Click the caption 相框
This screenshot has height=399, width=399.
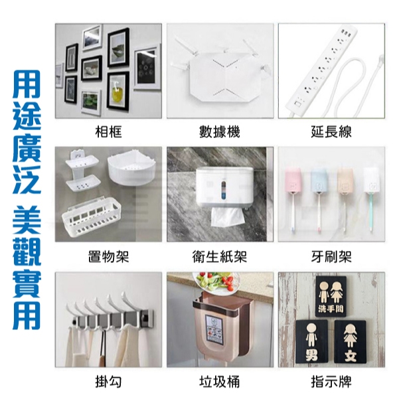pos(108,132)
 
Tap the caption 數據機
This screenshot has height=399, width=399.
pos(220,132)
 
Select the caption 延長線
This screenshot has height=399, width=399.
pos(331,132)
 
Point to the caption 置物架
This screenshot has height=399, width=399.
pos(108,256)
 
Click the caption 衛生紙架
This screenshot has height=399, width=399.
pos(220,256)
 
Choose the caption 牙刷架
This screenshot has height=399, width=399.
pos(331,256)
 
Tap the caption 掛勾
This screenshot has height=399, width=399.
pos(108,382)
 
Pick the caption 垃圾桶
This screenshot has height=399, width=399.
pos(220,382)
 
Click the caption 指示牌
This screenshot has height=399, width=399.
pos(331,382)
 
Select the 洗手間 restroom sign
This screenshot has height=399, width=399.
pos(331,296)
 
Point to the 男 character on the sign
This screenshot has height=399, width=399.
pos(312,355)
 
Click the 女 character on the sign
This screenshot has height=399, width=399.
pos(351,355)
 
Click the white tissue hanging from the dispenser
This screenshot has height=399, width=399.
pos(227,217)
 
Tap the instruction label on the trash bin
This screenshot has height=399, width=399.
pos(214,328)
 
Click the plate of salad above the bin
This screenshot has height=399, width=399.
pos(216,281)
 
